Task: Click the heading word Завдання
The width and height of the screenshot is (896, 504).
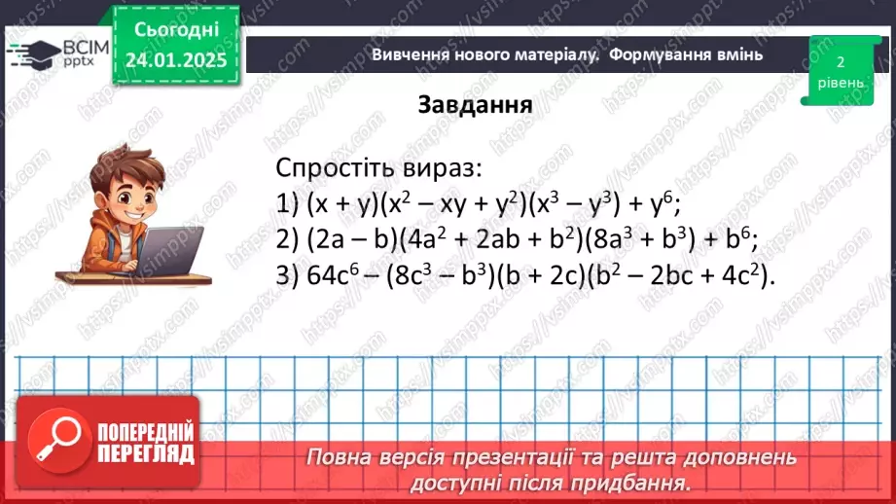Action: pos(475,104)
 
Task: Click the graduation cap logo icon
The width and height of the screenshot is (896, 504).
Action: pos(31,54)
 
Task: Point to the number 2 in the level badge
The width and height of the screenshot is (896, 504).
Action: pos(840,61)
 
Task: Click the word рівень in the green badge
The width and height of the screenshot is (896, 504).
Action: pos(840,83)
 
